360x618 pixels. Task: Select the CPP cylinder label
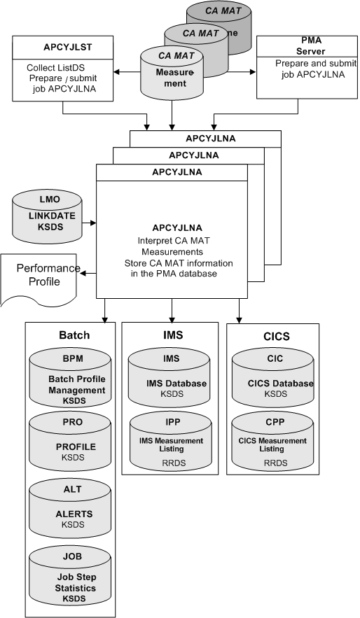point(274,424)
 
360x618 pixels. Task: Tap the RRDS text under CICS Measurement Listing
point(274,463)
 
